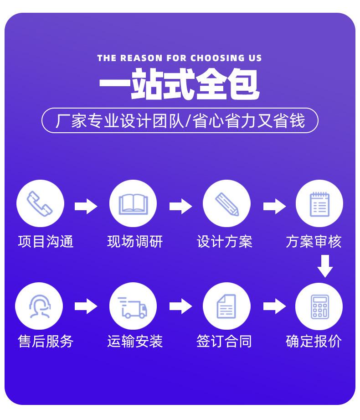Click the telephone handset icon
point(40,203)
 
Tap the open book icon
point(133,203)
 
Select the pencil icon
point(226,203)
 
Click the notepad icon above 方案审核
point(319,203)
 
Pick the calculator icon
point(319,306)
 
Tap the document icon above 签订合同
point(226,306)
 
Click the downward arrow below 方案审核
point(325,266)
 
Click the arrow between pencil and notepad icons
point(274,206)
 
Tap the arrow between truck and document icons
point(180,306)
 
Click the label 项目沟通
point(46,241)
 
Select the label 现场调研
point(135,241)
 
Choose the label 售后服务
point(46,341)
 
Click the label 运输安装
point(135,341)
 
